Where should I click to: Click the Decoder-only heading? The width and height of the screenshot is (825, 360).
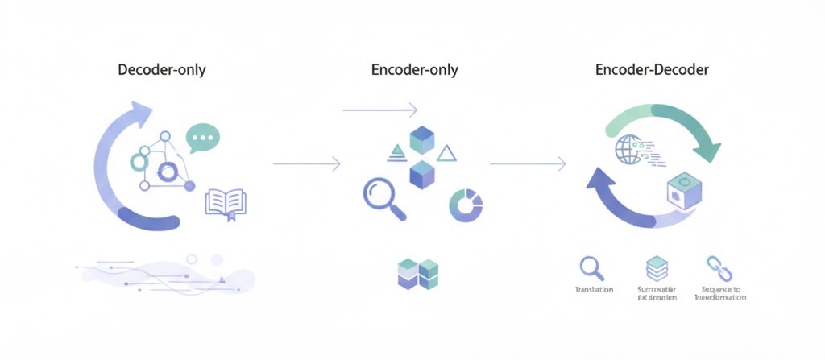tap(162, 70)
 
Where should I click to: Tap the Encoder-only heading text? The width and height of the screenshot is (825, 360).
tap(414, 70)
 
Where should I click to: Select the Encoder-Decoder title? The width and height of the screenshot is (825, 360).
tap(652, 70)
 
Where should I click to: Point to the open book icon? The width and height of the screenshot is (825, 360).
tap(226, 202)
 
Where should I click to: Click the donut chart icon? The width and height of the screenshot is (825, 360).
tap(466, 205)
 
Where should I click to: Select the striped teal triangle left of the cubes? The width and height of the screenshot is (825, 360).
tap(396, 149)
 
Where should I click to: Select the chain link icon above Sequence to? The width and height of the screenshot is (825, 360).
tap(715, 267)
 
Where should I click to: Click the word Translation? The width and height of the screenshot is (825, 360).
tap(594, 289)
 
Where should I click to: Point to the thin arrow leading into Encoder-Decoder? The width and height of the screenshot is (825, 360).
tap(528, 163)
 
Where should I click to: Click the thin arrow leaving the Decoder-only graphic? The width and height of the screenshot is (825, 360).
tap(307, 163)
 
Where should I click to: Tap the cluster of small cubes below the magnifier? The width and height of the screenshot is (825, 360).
tap(418, 273)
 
